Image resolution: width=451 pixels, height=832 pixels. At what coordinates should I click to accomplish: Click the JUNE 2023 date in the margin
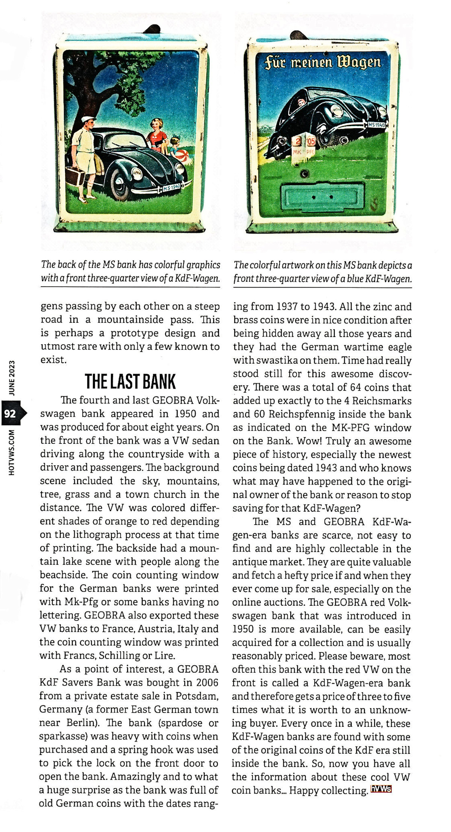12,378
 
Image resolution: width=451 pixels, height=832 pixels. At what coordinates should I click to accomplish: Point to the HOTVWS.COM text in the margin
12,452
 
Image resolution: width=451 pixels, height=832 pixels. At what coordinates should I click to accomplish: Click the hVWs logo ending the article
381,789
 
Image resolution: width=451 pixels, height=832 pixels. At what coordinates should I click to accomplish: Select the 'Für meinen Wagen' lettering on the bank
322,62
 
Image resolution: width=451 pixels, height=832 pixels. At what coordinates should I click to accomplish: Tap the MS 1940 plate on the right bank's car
377,125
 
